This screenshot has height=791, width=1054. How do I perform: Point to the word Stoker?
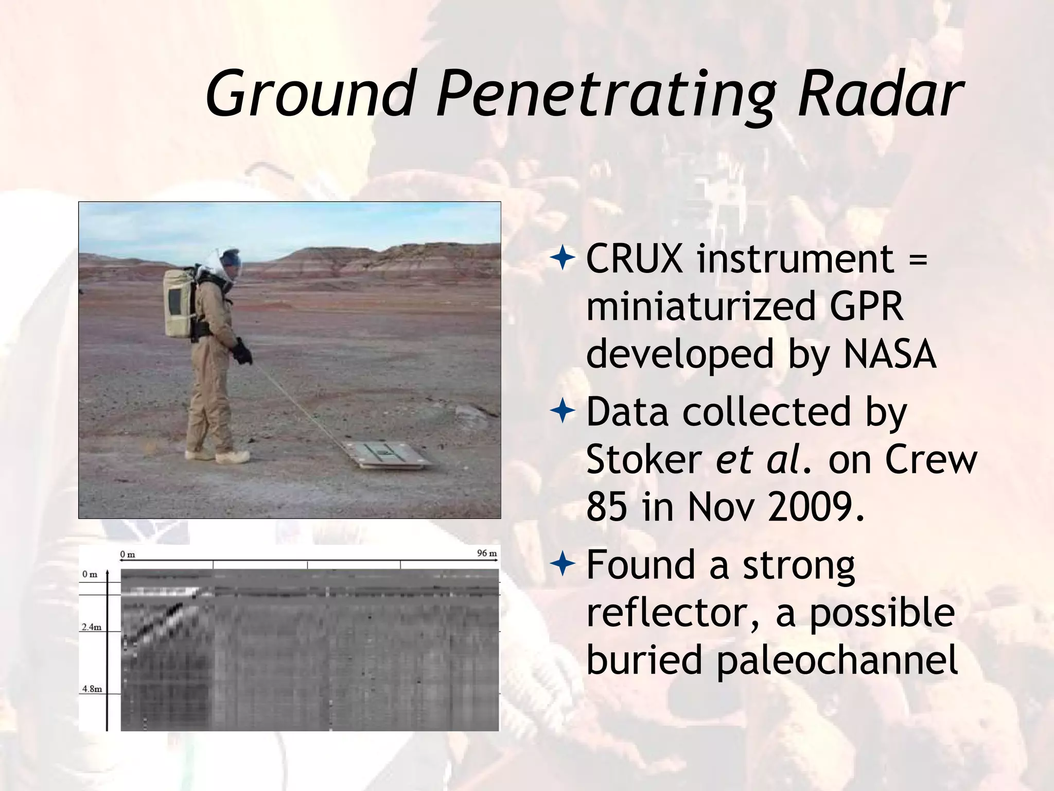tap(644, 459)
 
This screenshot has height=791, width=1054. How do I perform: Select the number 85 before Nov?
tap(606, 507)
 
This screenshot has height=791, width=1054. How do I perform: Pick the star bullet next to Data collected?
tap(563, 412)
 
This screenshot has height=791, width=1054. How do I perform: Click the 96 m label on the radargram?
tap(487, 554)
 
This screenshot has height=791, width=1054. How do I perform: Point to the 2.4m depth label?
tap(92, 627)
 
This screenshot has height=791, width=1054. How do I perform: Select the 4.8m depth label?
tap(92, 689)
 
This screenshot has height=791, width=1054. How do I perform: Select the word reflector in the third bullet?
tap(672, 613)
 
